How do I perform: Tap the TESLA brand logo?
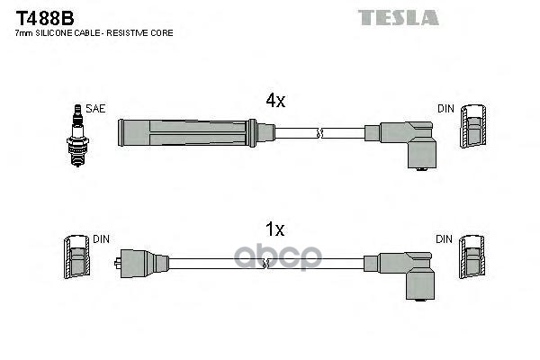pos(398,17)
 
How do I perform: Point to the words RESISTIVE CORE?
pos(143,32)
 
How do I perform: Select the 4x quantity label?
pos(274,102)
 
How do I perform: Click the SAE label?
pos(96,108)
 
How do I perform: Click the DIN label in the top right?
pos(446,108)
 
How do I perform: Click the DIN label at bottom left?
pos(99,239)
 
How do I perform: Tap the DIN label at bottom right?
pos(446,239)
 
